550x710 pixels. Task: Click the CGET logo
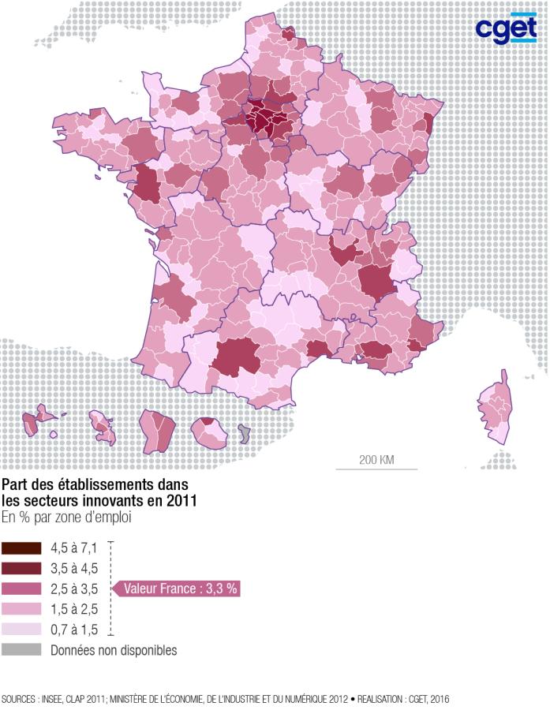coord(505,28)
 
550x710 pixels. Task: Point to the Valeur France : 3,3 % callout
coord(181,589)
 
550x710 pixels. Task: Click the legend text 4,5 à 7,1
coord(73,547)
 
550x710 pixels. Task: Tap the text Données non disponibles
coord(114,651)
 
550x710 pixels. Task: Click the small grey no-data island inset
coord(245,433)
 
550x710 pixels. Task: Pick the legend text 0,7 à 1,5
coord(73,630)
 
